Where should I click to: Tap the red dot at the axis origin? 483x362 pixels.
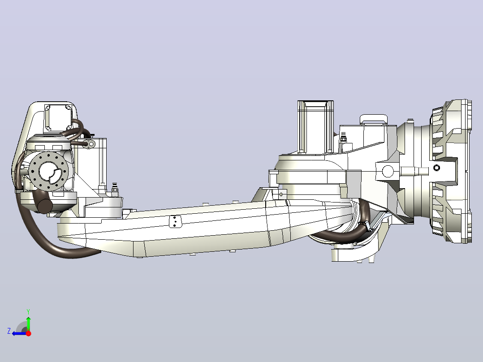click(28, 333)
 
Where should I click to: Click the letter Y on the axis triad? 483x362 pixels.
click(28, 311)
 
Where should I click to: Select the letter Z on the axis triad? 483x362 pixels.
click(9, 331)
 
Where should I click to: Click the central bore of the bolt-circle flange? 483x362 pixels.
click(50, 172)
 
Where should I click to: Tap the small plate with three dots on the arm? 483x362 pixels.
click(175, 221)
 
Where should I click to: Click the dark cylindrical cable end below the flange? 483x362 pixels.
click(45, 206)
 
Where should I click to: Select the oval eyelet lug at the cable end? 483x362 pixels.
click(90, 143)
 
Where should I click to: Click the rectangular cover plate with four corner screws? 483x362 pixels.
click(58, 117)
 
